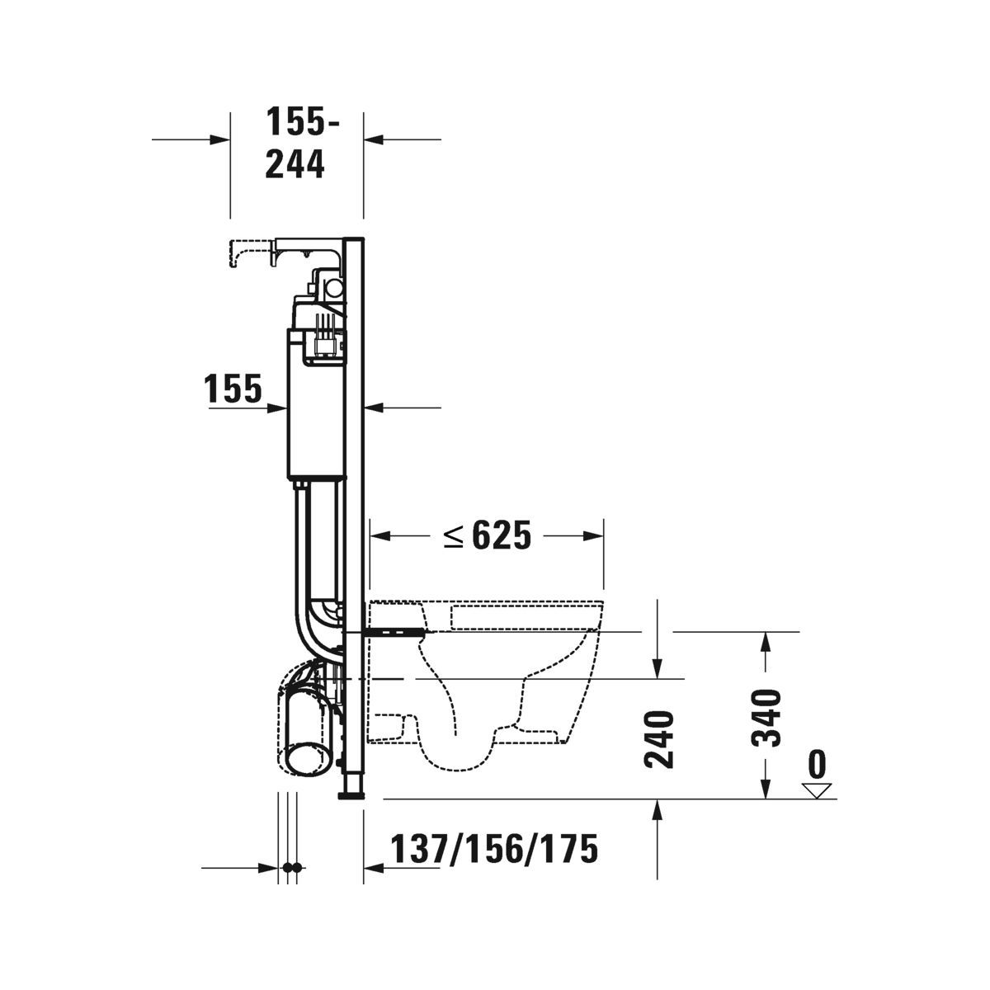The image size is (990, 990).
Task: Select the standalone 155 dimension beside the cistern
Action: pos(233,389)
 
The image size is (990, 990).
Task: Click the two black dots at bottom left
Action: pos(291,868)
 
